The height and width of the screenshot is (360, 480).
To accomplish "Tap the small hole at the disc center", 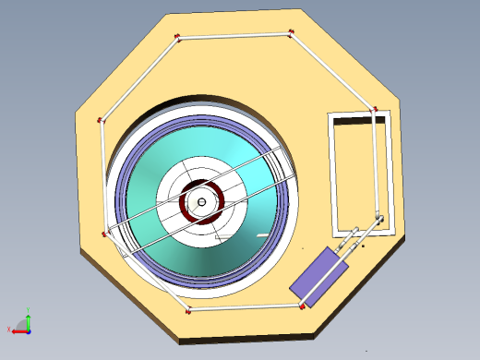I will (x=200, y=202).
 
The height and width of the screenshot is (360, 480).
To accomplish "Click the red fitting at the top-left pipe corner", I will (x=177, y=38).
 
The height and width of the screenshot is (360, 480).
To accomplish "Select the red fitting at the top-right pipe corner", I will (x=292, y=34).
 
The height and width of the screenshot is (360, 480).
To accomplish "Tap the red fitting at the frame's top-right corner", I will (x=374, y=112).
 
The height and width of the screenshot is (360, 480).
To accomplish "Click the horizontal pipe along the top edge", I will (x=234, y=36).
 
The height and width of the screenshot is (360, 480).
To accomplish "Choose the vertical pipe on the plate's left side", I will (x=100, y=175).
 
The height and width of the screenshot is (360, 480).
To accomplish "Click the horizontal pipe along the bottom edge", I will (x=244, y=307).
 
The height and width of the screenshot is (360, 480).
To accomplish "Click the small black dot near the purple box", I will (x=363, y=246).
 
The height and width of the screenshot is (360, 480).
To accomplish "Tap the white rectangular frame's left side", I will (x=333, y=175).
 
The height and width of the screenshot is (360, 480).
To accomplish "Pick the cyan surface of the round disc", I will (x=249, y=231).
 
